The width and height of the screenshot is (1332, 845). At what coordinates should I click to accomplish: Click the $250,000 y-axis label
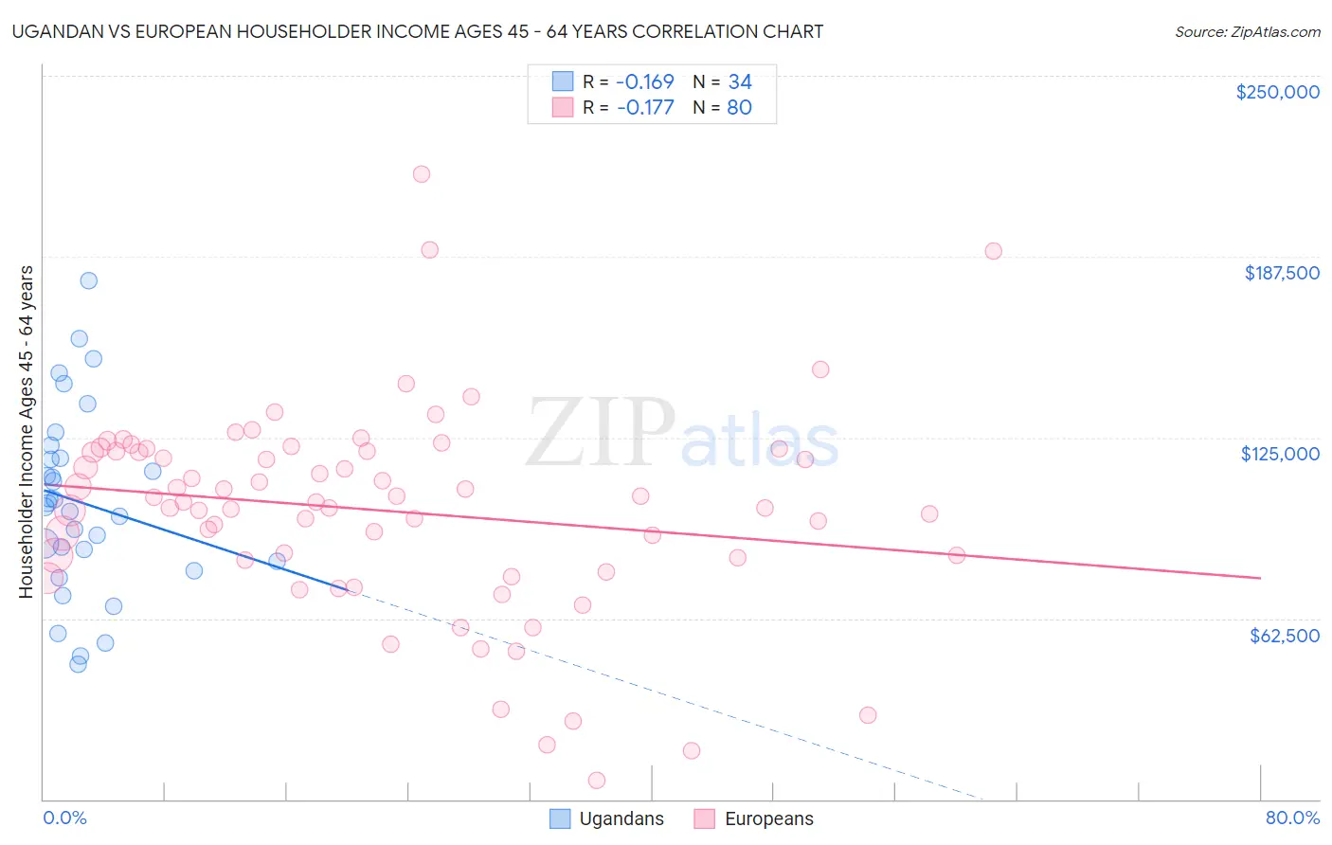[1277, 92]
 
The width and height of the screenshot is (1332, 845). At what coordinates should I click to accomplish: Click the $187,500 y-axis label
[1281, 273]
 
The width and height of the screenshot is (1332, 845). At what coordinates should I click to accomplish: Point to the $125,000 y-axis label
[1280, 454]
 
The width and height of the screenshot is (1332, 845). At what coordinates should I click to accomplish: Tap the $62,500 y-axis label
[1284, 635]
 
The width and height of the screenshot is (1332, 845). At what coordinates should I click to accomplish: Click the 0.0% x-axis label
[64, 818]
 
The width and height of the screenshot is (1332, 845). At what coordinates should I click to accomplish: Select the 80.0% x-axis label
[1292, 818]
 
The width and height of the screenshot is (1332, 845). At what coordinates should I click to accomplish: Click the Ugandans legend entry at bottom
[621, 818]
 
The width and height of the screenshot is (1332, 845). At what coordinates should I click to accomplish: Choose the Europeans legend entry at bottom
[768, 818]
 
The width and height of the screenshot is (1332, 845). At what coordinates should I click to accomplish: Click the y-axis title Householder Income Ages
[26, 431]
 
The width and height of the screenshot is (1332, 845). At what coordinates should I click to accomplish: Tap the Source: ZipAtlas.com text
[1247, 31]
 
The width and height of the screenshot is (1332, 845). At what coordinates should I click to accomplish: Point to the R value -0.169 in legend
[644, 81]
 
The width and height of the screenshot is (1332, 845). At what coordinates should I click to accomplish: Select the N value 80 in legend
[739, 107]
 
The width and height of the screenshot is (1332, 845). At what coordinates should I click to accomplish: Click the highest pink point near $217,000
[422, 173]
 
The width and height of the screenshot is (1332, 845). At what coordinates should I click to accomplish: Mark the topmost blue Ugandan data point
[88, 280]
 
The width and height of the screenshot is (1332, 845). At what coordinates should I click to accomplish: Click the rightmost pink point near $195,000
[993, 251]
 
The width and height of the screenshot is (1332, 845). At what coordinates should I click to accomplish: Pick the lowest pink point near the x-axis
[597, 781]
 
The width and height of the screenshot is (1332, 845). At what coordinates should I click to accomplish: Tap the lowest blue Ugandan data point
[78, 664]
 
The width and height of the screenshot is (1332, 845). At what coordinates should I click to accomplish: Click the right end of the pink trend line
[1260, 577]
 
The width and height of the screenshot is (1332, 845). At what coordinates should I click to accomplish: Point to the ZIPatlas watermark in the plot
[682, 435]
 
